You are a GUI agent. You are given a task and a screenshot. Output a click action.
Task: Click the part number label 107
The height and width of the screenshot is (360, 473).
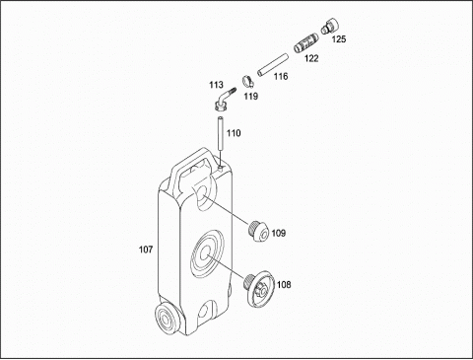[x=146, y=250]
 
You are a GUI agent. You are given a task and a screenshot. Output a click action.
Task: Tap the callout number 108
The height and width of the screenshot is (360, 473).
[x=284, y=284]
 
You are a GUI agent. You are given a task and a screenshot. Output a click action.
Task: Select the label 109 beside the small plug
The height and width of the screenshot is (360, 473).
[x=279, y=233]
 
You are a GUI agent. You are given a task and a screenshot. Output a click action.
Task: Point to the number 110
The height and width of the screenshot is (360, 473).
[x=234, y=133]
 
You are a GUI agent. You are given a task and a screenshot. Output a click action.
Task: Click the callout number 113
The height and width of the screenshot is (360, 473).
[x=216, y=85]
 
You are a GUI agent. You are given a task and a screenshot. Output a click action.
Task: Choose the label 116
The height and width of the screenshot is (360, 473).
[x=281, y=77]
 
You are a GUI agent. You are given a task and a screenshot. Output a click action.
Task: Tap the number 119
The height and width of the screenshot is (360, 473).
[x=251, y=97]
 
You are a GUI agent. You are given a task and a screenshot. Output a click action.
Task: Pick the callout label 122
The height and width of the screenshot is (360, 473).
[x=311, y=58]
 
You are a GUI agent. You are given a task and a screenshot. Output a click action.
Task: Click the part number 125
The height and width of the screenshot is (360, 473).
[x=339, y=39]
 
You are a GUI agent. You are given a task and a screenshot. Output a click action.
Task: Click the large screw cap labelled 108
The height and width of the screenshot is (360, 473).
[x=260, y=289]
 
